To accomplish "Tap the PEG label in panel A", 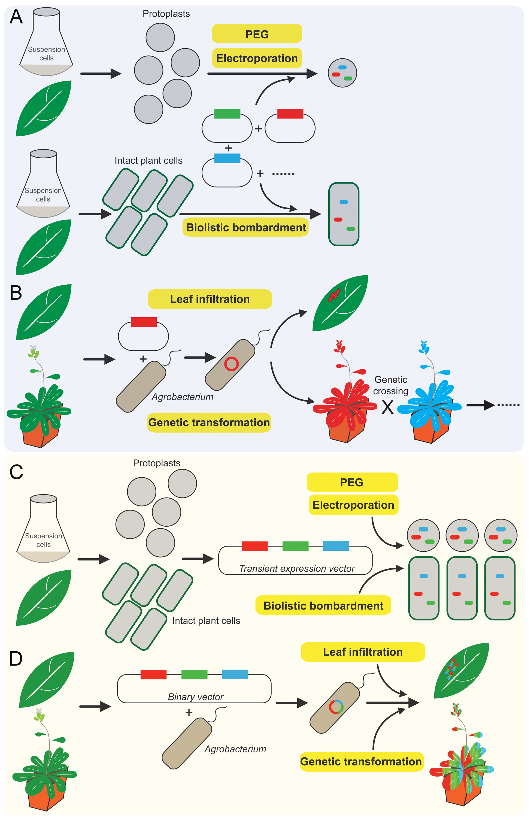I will [x=257, y=34].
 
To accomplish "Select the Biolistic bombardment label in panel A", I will [x=245, y=227].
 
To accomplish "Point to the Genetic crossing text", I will [x=391, y=385].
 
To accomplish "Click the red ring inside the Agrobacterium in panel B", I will [x=231, y=364].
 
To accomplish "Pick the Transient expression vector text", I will [x=297, y=568].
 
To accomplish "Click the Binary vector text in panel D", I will [x=196, y=697].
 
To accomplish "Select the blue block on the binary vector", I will [x=235, y=674].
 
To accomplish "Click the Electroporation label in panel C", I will [x=353, y=505].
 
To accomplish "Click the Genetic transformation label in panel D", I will [x=361, y=761].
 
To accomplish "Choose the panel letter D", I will [x=16, y=658].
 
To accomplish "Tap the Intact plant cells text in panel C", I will [x=206, y=621].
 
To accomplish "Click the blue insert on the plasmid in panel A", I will [x=227, y=158].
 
